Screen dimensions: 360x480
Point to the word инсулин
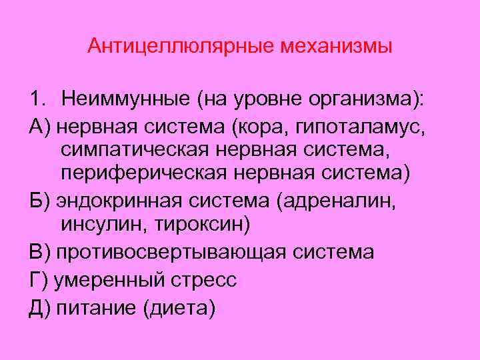click(97, 225)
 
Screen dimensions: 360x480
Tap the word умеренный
click(110, 280)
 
